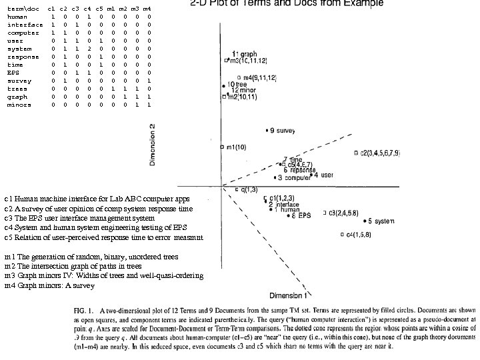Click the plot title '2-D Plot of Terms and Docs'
[283, 4]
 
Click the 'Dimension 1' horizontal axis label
[288, 294]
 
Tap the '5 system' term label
[381, 221]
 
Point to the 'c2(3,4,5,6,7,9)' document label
[381, 153]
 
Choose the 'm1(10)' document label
[237, 146]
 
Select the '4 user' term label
[323, 175]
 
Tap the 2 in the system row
[87, 49]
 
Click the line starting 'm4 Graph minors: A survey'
[50, 286]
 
